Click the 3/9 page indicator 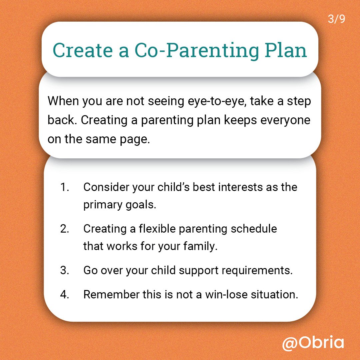336,19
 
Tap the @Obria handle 313,343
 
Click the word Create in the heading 83,50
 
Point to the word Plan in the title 286,50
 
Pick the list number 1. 65,187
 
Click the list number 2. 65,229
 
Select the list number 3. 65,270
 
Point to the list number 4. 65,295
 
